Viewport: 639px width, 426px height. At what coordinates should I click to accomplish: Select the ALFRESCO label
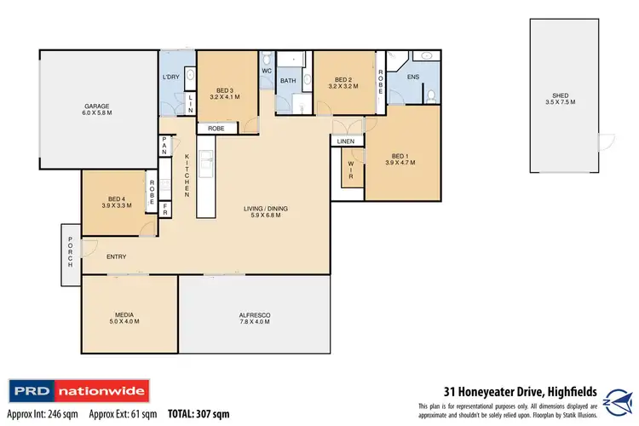[254, 318]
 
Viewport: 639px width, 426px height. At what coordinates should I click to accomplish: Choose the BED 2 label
[344, 81]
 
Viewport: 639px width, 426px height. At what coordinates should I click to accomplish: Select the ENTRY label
[117, 256]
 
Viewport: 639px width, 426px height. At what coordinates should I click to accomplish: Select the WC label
[266, 71]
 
